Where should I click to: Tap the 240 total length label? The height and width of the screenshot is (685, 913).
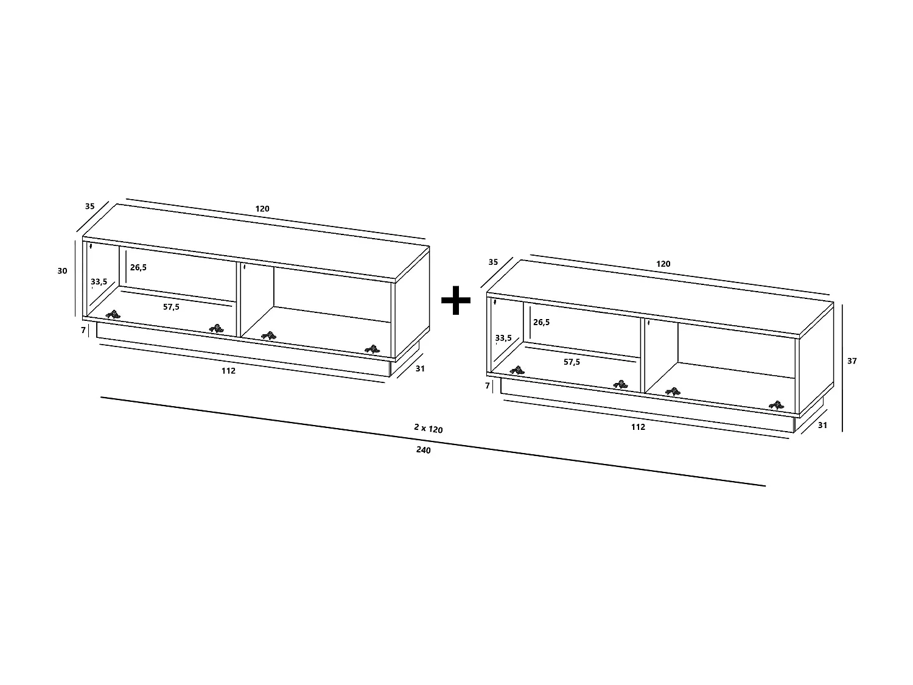tap(424, 451)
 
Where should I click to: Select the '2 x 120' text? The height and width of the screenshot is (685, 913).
tap(428, 429)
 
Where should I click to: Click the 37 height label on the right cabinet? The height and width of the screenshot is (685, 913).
tap(852, 361)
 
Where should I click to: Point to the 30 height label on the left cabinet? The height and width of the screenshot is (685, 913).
tap(62, 271)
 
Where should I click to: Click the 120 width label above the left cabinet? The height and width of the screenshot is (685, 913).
tap(262, 209)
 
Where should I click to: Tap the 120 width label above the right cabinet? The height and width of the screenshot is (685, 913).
tap(663, 264)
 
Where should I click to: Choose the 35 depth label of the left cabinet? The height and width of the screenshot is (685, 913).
tap(89, 206)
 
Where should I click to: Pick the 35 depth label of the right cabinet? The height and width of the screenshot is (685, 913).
tap(493, 262)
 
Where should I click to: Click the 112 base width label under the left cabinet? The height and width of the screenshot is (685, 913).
tap(228, 370)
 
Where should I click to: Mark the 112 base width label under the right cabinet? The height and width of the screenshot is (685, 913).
tap(637, 427)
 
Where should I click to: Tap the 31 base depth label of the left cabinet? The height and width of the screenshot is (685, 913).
tap(419, 368)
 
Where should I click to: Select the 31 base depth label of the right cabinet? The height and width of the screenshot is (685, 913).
tap(822, 426)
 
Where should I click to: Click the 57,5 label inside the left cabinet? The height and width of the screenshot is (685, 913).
tap(171, 307)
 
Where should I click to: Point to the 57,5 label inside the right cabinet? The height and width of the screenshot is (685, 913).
tap(572, 362)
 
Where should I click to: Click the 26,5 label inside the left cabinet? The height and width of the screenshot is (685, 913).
tap(138, 267)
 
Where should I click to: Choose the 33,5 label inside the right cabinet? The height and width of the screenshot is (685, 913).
tap(503, 338)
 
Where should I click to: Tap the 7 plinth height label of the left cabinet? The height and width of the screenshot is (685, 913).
tap(83, 330)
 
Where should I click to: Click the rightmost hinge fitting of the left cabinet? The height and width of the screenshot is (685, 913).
tap(372, 349)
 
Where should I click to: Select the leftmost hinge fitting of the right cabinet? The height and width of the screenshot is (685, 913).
tap(517, 370)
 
